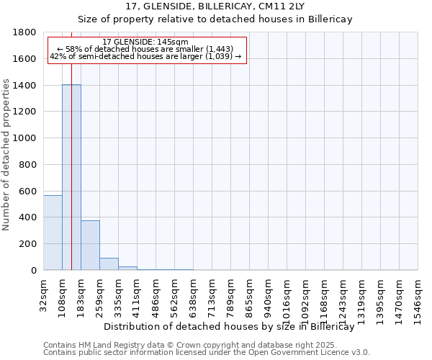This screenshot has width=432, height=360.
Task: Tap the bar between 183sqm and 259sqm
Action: [x=90, y=245]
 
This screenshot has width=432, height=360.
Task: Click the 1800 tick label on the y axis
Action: [x=25, y=32]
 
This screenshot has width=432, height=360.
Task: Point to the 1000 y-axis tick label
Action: [x=25, y=138]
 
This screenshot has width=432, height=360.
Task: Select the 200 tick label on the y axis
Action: [x=28, y=244]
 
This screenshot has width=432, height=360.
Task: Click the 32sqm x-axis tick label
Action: [x=44, y=291]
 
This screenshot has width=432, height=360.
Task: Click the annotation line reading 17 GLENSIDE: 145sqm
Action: [x=145, y=42]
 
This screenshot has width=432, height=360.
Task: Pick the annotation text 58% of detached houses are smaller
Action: [x=145, y=49]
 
